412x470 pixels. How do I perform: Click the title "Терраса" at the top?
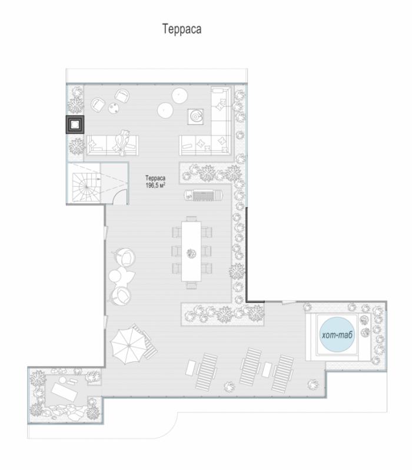click(x=182, y=29)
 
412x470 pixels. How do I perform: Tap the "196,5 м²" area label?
click(x=155, y=186)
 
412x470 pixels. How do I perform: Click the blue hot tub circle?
click(x=337, y=334)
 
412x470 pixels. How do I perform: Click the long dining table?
click(x=191, y=251)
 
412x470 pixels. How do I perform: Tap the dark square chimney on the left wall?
click(x=75, y=125)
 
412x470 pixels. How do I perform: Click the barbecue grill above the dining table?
click(x=204, y=196)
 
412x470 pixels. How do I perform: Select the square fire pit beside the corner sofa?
click(x=196, y=116)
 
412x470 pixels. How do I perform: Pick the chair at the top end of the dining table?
click(x=191, y=219)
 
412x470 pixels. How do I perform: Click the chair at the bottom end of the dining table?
click(x=191, y=285)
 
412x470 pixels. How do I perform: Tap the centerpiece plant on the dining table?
click(x=191, y=253)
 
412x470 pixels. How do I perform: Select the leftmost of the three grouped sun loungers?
click(x=207, y=371)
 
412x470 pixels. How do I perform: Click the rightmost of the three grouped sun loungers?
click(x=283, y=374)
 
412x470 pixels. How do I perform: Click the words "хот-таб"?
click(x=337, y=335)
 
